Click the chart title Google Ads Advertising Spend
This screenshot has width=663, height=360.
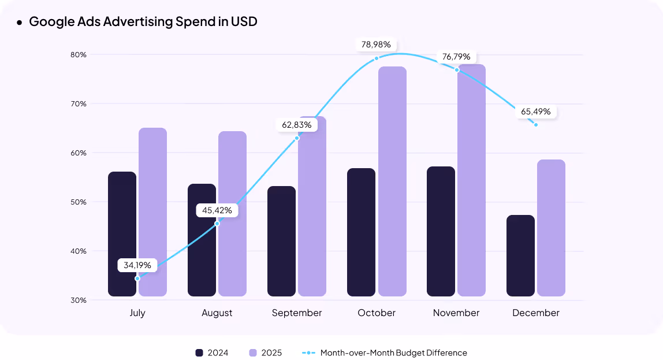[143, 22]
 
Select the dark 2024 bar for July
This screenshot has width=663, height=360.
[122, 234]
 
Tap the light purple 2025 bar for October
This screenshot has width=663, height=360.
[392, 181]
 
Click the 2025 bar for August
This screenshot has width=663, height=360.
[232, 214]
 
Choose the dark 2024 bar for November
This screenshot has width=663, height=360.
[441, 231]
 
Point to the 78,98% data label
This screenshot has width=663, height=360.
[376, 44]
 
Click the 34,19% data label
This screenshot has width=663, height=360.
[137, 265]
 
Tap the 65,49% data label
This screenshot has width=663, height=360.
[535, 112]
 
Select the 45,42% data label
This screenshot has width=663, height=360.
[217, 210]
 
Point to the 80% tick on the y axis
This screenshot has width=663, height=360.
[79, 55]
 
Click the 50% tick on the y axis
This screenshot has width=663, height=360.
[79, 202]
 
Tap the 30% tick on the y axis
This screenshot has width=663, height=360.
[79, 300]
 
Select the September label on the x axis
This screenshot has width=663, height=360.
[297, 313]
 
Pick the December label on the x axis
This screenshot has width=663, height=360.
[536, 313]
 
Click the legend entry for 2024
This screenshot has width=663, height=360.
[212, 352]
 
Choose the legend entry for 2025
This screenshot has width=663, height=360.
[266, 352]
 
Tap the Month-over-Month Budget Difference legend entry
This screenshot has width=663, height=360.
[385, 352]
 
